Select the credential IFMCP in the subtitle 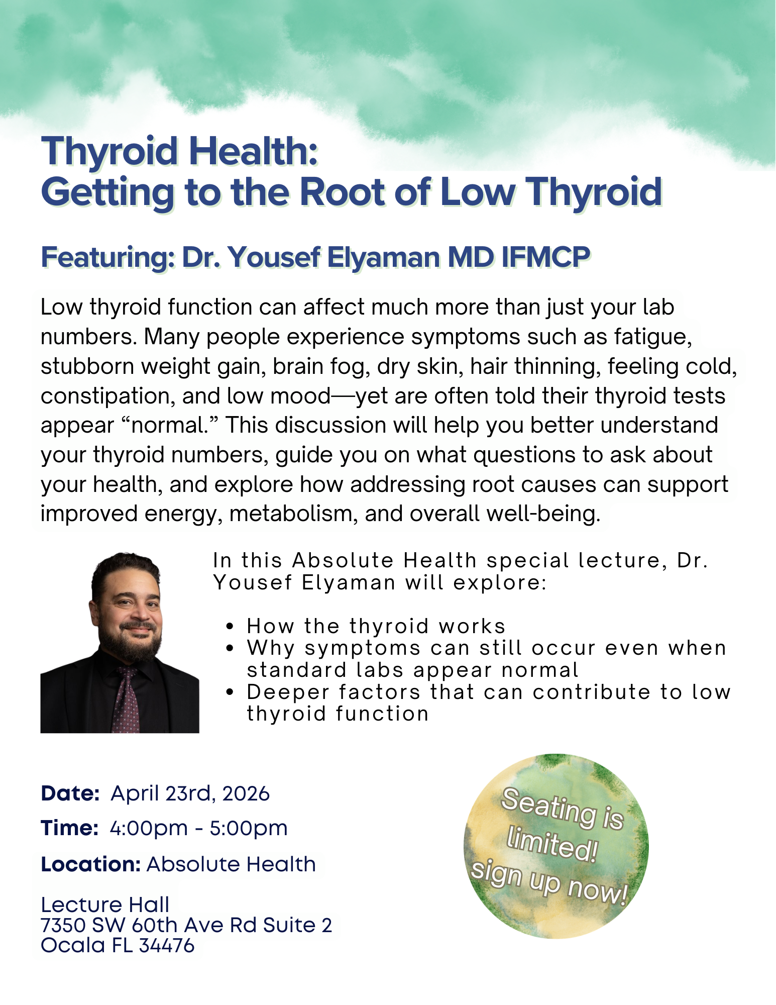coord(545,257)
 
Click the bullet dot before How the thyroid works coord(230,627)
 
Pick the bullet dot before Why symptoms coord(230,648)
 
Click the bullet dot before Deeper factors coord(230,692)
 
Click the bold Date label coord(70,793)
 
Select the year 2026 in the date coord(246,794)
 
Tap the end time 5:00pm coord(249,829)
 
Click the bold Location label coord(90,865)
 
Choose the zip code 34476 coord(167,946)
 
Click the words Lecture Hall coord(105,905)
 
